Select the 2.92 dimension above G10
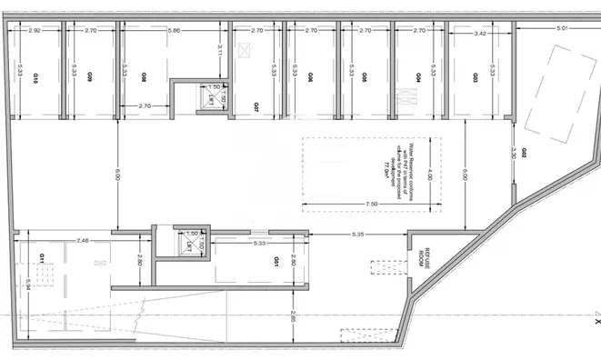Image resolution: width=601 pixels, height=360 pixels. pyautogui.click(x=35, y=31)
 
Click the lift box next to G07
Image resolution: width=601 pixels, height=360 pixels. pyautogui.click(x=213, y=95)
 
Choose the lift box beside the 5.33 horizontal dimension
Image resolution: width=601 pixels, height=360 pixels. pyautogui.click(x=189, y=240)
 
